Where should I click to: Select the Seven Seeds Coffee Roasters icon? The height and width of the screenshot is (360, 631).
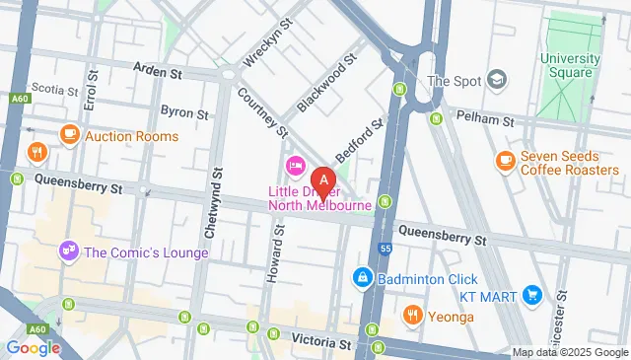505,161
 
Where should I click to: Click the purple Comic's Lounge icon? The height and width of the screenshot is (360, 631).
69,252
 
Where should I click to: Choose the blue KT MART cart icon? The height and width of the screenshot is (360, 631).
532,294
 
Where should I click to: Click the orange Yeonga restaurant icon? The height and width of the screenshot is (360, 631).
413,317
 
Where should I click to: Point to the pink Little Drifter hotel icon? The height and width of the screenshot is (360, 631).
293,164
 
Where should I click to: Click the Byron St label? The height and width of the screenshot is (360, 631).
184,113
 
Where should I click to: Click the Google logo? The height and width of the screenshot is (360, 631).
34,347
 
